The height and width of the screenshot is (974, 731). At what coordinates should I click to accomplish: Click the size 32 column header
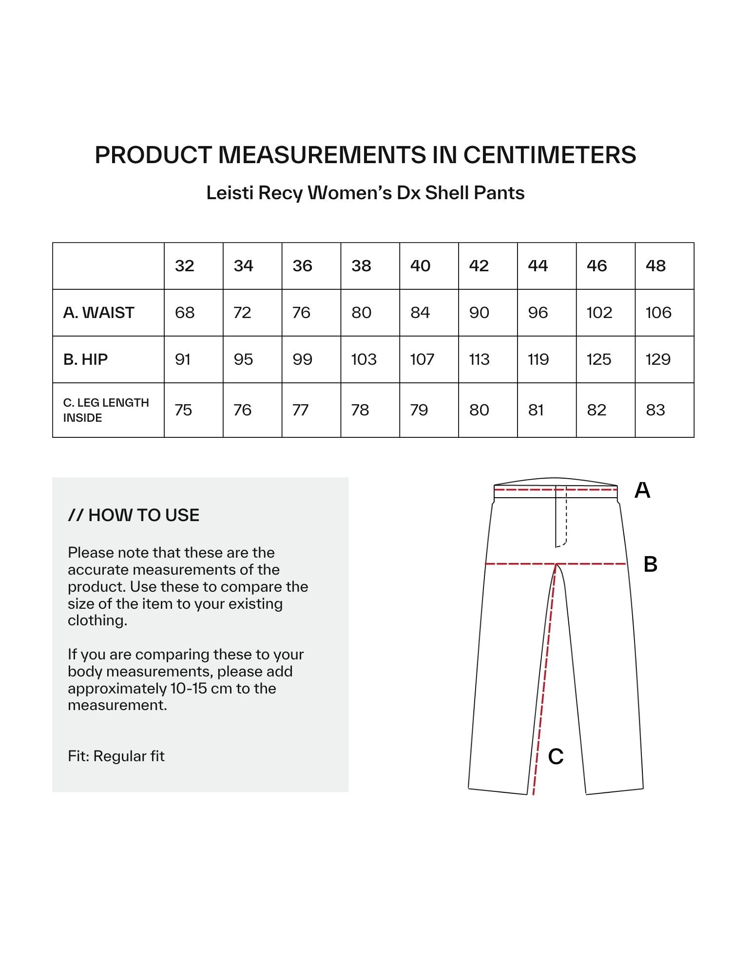[x=185, y=266]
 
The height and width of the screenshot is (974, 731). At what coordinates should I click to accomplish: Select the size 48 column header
[x=655, y=266]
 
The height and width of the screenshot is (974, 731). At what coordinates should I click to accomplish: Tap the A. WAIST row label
[x=98, y=313]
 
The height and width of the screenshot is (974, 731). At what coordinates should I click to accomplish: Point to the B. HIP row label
[x=85, y=359]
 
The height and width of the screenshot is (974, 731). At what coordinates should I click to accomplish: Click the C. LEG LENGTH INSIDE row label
[x=106, y=410]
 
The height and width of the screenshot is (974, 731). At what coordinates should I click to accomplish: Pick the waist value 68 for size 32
[x=185, y=313]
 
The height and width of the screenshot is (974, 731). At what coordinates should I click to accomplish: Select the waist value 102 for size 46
[x=599, y=313]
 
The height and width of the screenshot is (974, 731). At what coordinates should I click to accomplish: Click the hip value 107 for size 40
[x=422, y=359]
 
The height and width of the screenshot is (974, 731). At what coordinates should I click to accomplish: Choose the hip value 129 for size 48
[x=658, y=359]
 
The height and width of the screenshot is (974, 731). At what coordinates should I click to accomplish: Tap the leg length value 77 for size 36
[x=300, y=410]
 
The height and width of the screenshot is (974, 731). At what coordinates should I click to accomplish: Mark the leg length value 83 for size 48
[x=655, y=410]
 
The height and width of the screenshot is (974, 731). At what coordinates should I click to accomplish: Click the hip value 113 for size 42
[x=479, y=359]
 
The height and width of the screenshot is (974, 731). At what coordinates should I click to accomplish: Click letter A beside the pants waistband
[x=642, y=490]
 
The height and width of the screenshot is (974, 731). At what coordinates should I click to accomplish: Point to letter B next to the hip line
[x=651, y=564]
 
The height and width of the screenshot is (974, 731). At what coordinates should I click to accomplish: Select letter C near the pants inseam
[x=556, y=756]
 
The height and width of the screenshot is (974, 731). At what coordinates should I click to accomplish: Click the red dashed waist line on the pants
[x=526, y=489]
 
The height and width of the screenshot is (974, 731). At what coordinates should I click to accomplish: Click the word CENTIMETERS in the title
[x=549, y=155]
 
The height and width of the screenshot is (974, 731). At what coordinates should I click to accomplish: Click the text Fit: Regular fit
[x=116, y=756]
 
